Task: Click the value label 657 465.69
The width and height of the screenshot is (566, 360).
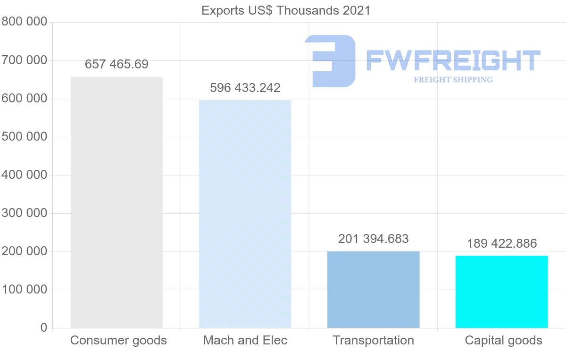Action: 117,65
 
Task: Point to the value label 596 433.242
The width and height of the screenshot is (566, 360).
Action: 245,88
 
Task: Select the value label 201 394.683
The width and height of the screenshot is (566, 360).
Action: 373,239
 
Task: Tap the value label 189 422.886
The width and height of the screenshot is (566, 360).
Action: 501,243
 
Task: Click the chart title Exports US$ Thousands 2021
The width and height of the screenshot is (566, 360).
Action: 286,10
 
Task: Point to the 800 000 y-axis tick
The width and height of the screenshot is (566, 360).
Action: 24,22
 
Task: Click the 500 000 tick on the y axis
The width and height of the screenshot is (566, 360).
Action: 24,137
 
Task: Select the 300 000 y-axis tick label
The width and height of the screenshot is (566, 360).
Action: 24,213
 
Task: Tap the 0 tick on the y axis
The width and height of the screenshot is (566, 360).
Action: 43,327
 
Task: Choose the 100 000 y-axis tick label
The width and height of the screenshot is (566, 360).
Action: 24,289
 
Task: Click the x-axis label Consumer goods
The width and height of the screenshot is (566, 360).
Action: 118,340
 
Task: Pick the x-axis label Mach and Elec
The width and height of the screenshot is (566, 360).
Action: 245,340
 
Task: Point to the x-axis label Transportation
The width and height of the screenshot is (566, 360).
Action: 373,340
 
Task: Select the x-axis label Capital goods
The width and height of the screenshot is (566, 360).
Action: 503,340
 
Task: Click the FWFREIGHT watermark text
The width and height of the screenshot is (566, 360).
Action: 453,60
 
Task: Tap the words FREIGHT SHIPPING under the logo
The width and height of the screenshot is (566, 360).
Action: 453,80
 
